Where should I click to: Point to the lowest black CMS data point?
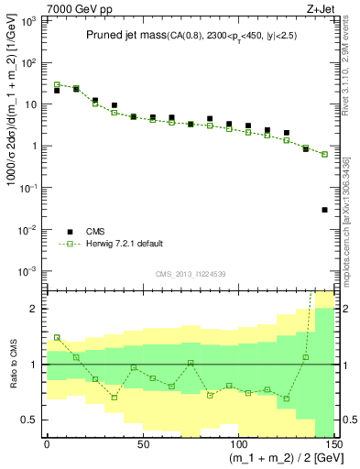point(324,210)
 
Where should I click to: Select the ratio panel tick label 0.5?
point(31,420)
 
